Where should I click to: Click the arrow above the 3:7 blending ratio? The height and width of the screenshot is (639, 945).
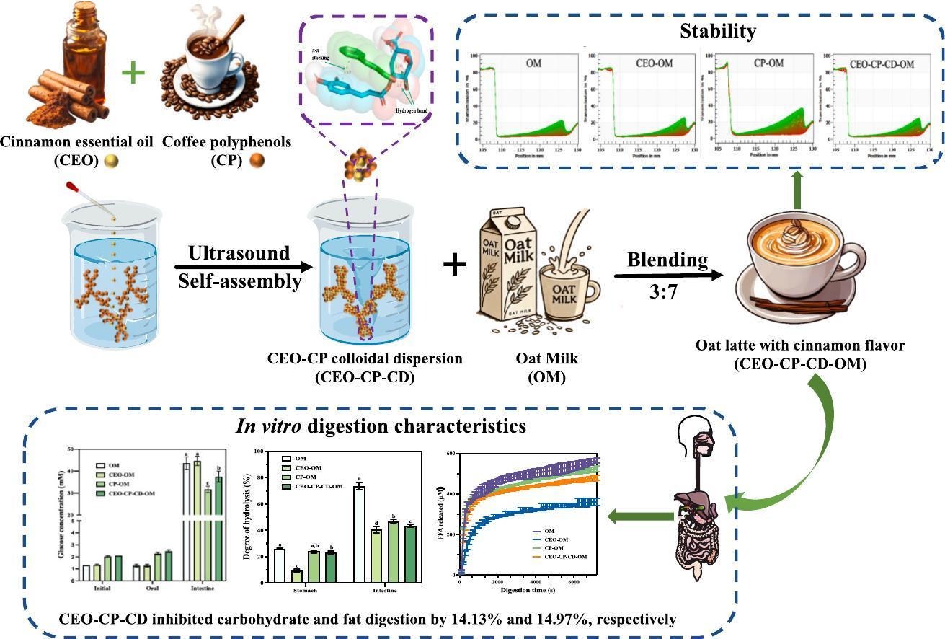click(667, 276)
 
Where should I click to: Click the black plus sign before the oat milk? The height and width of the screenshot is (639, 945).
click(455, 265)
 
